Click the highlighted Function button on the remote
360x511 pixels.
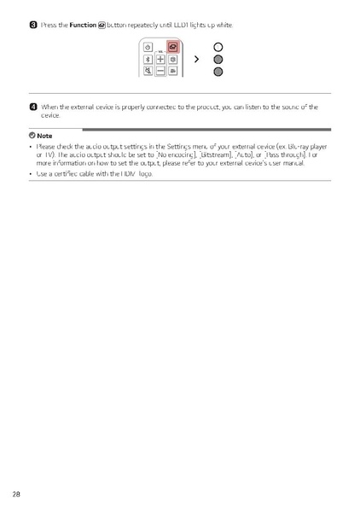point(172,47)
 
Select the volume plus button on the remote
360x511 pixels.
point(160,60)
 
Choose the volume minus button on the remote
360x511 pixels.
point(160,73)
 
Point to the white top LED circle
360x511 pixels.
point(218,47)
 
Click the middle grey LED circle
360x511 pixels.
point(218,60)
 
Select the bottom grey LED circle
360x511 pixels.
point(218,73)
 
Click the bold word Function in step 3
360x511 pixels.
point(83,24)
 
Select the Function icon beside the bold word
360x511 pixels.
point(102,24)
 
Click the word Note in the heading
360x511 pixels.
point(44,136)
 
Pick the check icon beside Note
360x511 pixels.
point(32,136)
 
